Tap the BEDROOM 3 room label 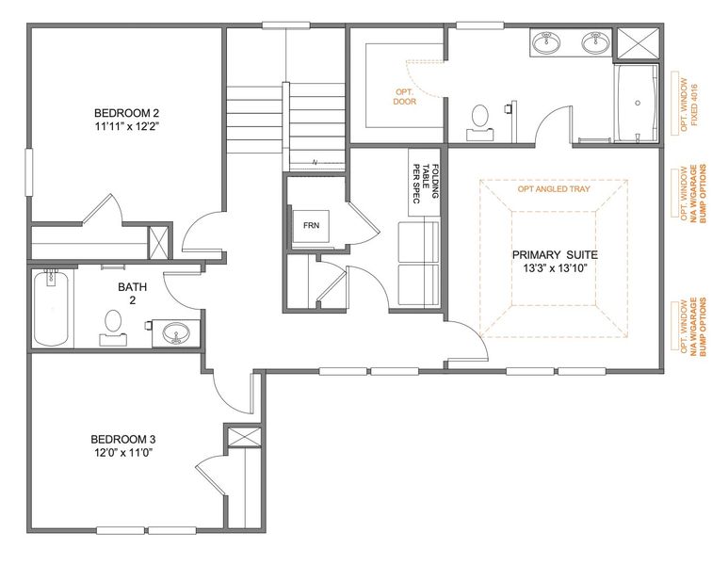(122, 439)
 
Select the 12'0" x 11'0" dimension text (122, 453)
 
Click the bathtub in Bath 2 (51, 308)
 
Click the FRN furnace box (309, 226)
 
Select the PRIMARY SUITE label (555, 255)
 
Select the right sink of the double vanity (593, 41)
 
